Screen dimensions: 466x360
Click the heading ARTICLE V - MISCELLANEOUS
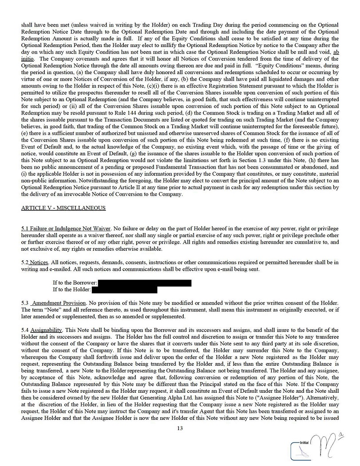click(63, 208)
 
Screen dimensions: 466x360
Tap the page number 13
click(180, 428)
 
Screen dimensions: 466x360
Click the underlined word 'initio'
click(28, 58)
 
